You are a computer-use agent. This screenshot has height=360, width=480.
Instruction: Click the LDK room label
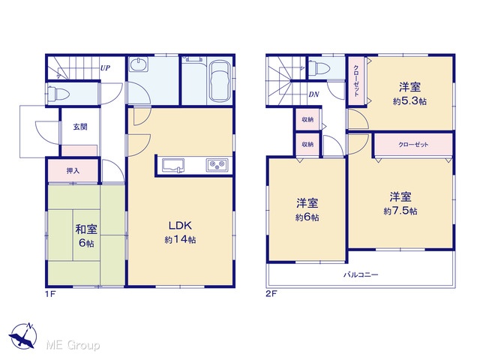coord(180,226)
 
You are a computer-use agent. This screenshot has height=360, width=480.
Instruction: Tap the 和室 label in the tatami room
coord(86,229)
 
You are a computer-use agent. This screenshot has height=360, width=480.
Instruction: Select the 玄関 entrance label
coord(80,127)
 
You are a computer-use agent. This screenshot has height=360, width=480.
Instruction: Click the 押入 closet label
coord(73,171)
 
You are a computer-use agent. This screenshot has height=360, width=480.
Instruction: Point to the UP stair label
coord(105,68)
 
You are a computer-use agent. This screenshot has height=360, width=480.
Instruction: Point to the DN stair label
coord(313,94)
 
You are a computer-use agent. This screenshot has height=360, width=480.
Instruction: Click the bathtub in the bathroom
coord(220,81)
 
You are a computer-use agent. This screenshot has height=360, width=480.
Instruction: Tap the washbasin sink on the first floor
coord(138,64)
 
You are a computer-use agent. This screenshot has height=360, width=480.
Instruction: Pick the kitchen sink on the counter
coord(173,166)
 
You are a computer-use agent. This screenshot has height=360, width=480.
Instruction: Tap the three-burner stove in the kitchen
coord(217,165)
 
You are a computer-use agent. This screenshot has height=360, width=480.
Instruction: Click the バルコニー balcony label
coord(361,274)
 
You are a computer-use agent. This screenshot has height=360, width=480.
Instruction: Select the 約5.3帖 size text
coord(409,101)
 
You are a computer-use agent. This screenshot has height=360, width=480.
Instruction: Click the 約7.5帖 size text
coord(400,211)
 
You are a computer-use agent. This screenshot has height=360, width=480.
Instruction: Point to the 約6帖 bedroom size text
coord(307,217)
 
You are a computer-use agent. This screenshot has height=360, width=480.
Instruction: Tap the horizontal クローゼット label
coord(413,145)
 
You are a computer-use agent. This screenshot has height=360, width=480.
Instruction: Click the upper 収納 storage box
coord(307,120)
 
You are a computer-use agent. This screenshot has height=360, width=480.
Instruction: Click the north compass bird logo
coord(23,336)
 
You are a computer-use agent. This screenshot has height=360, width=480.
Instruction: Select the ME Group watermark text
coord(73,346)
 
